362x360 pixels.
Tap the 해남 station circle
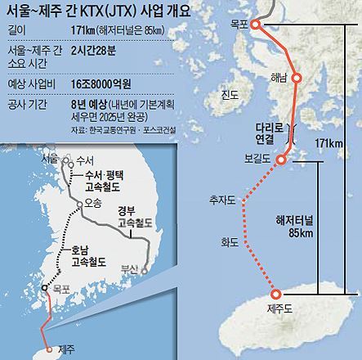coord(297,79)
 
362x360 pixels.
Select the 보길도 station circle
coord(282,159)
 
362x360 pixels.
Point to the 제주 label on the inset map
coord(69,349)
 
